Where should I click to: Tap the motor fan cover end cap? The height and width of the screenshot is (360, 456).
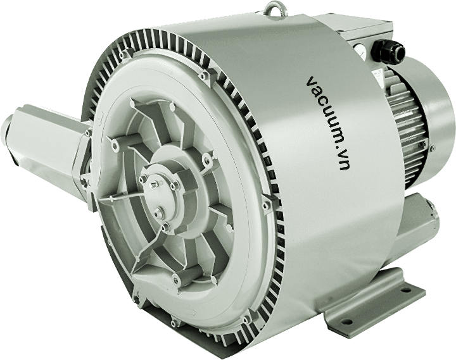(431, 122)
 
